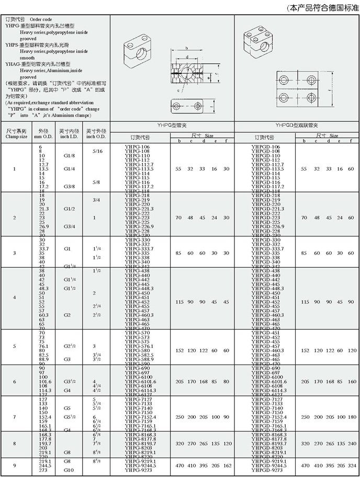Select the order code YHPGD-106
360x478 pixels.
(265, 147)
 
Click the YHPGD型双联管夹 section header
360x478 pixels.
(297, 126)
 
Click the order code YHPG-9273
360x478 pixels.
(137, 470)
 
